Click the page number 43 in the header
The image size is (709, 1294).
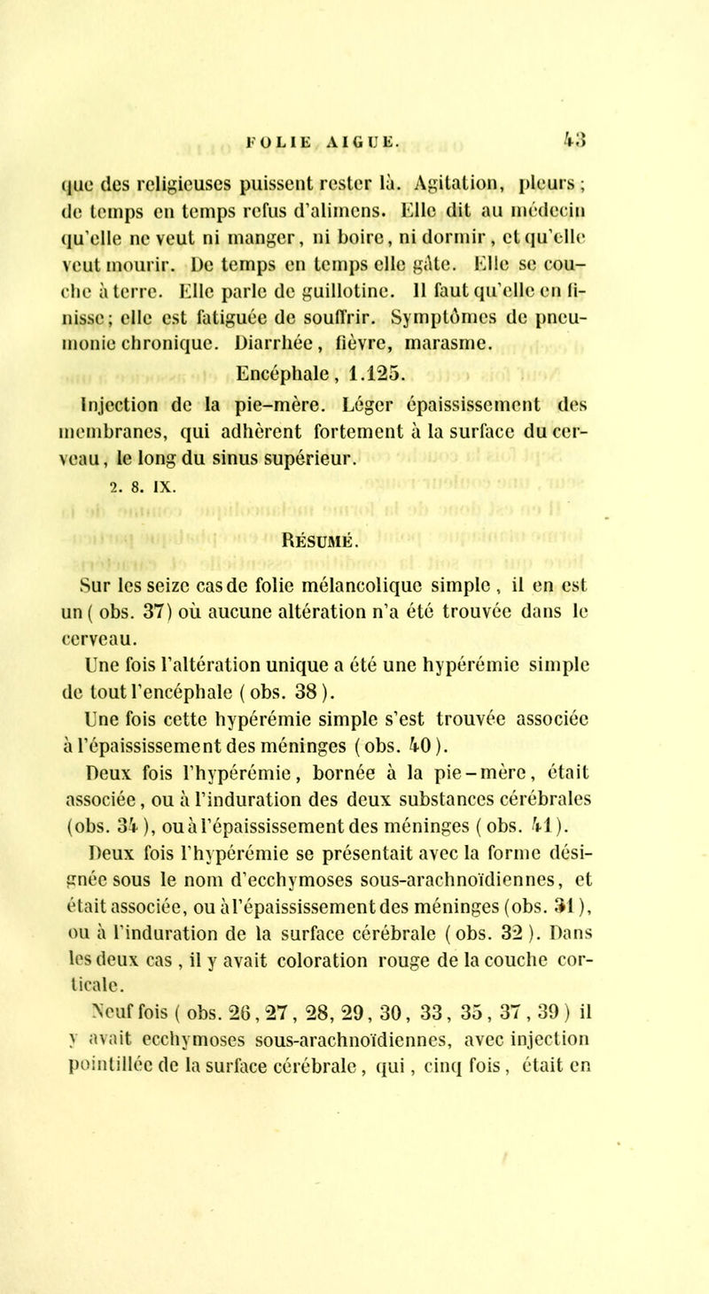(598, 89)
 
